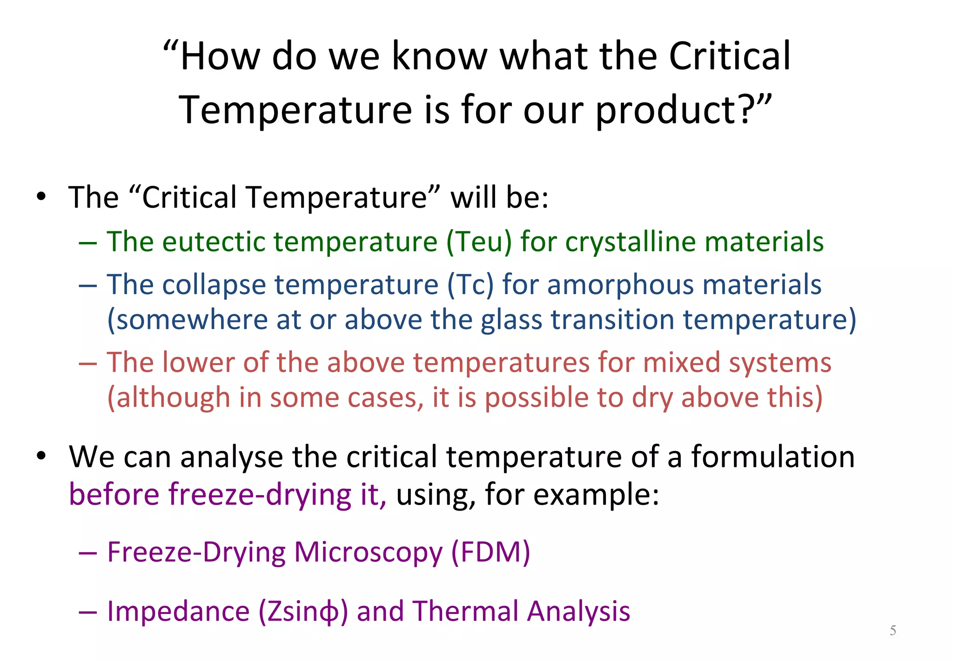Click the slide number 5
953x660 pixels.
pyautogui.click(x=893, y=631)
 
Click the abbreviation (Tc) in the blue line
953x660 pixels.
pyautogui.click(x=470, y=284)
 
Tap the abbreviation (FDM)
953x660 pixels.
pyautogui.click(x=490, y=552)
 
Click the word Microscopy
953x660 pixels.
pyautogui.click(x=368, y=552)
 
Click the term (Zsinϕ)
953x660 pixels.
pyautogui.click(x=303, y=611)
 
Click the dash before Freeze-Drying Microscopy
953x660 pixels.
pyautogui.click(x=87, y=553)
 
